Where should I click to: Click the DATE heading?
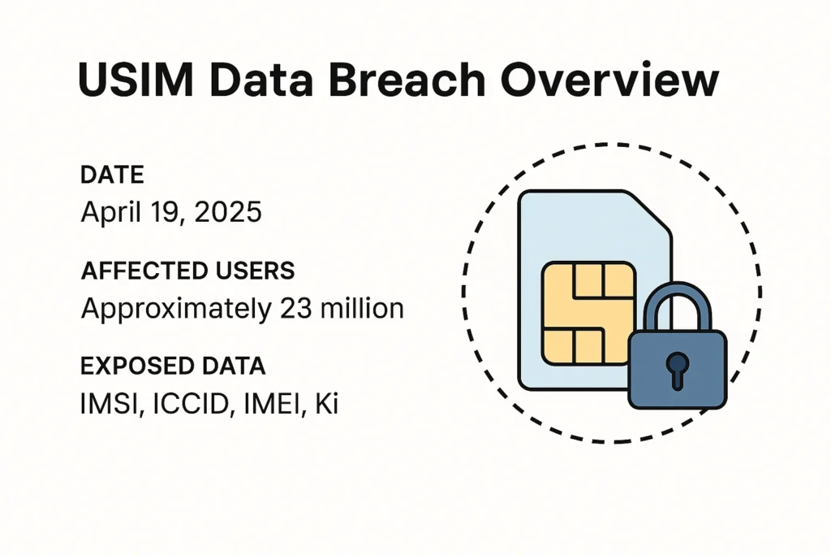[113, 175]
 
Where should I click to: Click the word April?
[110, 213]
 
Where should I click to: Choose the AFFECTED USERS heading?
[187, 271]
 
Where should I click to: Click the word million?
[358, 308]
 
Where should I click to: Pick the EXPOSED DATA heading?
[173, 366]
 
